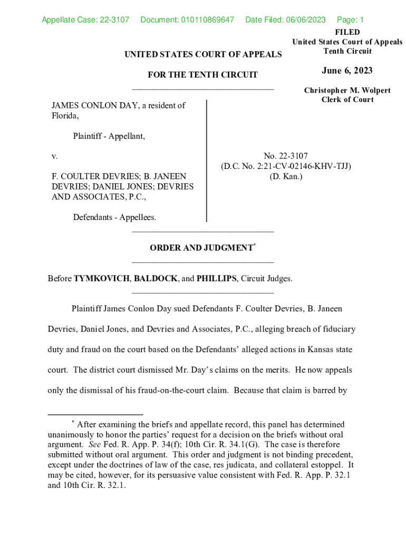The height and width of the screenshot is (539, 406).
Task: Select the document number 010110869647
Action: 207,21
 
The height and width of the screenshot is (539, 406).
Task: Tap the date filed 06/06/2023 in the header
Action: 305,21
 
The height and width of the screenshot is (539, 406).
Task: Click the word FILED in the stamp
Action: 347,32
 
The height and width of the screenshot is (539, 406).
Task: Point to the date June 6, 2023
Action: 347,71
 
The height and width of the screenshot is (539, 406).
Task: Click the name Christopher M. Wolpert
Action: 347,91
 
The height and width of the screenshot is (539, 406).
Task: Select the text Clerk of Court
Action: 347,100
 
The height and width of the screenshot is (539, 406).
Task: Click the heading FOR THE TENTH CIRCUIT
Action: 202,75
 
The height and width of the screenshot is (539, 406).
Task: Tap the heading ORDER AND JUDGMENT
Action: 201,247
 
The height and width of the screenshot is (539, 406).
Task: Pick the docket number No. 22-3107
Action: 286,156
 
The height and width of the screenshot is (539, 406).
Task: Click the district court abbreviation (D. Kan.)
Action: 286,176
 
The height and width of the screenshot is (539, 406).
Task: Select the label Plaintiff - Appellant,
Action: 109,136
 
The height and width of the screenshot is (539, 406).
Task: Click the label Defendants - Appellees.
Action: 114,217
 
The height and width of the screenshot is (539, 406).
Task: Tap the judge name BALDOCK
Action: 156,278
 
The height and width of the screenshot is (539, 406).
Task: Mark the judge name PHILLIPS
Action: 216,278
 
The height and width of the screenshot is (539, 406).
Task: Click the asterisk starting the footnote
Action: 73,422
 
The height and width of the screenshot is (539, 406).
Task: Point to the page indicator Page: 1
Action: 350,21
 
